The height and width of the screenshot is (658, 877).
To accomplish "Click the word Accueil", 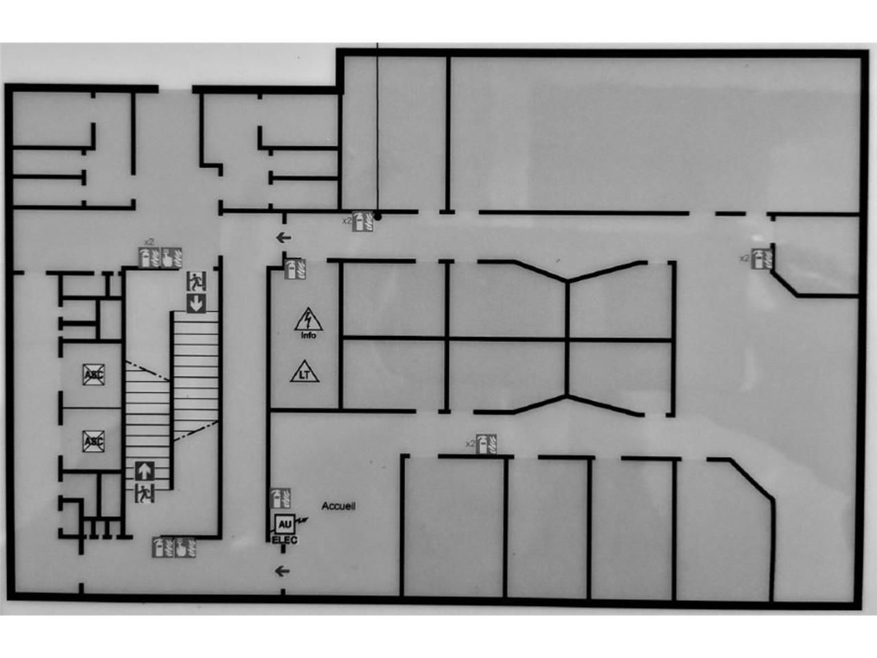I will [338, 506].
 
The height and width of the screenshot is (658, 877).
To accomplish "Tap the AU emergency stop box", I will [284, 524].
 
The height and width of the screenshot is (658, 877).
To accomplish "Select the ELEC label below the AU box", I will [285, 540].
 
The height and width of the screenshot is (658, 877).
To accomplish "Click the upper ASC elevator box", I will [93, 374].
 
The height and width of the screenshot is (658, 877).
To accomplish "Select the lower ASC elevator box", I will [93, 441].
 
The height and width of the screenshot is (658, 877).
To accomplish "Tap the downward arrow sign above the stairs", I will [196, 302].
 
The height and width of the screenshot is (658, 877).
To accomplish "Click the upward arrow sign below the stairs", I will [145, 471].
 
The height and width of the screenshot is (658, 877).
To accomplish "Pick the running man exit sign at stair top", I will [196, 281].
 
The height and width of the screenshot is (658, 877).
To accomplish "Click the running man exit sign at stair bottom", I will [145, 492].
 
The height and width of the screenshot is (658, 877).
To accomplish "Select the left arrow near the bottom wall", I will [282, 570].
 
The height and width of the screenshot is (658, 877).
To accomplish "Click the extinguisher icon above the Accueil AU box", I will [280, 498].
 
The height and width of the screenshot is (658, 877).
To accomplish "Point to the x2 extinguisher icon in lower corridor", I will [486, 444].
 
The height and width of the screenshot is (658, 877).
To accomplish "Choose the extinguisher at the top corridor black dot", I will [362, 221].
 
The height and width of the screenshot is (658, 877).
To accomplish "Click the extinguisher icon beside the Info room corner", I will [295, 269].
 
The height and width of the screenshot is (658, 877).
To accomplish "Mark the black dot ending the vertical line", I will [378, 216].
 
